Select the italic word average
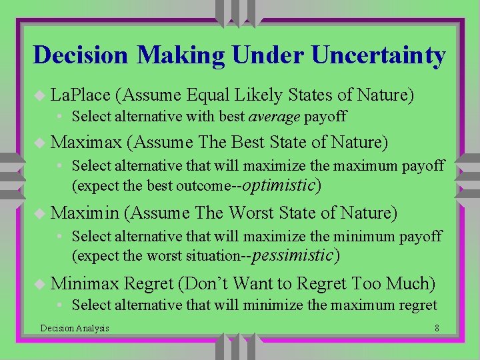click(275, 117)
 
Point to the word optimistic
click(281, 185)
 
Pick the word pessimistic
click(293, 255)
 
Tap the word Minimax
click(85, 284)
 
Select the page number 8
click(436, 328)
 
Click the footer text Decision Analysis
click(75, 328)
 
